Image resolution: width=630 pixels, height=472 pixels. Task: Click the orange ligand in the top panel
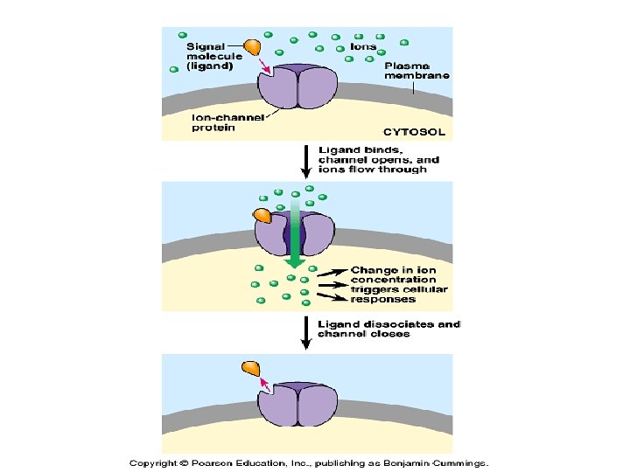point(252,47)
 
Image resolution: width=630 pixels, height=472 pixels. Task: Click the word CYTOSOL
point(417,133)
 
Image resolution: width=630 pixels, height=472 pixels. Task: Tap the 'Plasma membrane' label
point(416,70)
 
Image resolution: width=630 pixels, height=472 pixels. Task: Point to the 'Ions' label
point(363,45)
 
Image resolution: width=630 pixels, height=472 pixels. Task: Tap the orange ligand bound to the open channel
point(262,215)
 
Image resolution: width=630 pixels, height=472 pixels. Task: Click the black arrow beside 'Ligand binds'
point(304,160)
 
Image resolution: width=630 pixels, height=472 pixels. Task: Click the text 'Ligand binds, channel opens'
point(378,159)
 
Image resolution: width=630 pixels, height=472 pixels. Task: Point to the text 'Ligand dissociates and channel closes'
point(388,329)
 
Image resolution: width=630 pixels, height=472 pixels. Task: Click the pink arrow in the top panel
point(267,63)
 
